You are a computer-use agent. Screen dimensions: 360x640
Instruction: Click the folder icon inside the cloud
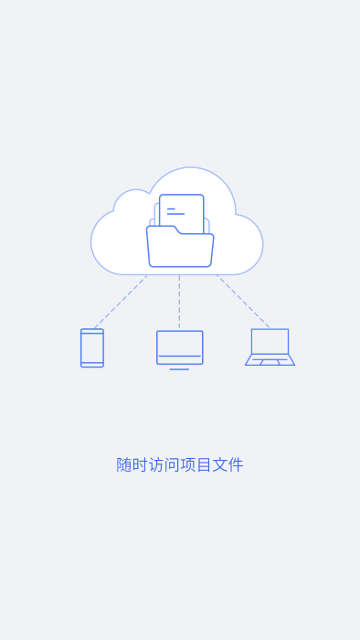point(180,250)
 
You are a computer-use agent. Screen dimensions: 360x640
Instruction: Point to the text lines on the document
point(175,211)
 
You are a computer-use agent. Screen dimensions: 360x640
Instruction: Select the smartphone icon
point(92,347)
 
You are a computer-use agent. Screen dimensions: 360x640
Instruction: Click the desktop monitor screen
point(179,345)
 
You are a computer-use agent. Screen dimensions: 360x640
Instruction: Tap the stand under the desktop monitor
point(179,368)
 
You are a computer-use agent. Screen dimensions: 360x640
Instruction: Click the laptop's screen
point(270,341)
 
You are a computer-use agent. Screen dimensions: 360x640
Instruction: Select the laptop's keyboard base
point(270,360)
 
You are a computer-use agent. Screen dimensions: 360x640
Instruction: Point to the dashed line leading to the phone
point(120,302)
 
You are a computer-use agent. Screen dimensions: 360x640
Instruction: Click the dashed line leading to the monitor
point(179,303)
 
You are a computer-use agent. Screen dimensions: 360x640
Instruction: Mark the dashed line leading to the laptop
point(243,302)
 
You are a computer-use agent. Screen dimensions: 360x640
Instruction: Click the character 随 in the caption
point(124,464)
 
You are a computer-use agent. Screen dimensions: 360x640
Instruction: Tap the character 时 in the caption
point(140,464)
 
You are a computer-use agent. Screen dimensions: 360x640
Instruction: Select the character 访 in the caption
point(156,464)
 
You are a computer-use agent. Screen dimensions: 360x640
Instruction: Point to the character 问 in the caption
point(172,464)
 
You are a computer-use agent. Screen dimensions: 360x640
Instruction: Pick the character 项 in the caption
point(188,464)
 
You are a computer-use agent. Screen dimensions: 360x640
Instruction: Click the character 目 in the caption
point(204,464)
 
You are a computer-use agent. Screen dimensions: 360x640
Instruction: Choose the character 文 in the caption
point(219,464)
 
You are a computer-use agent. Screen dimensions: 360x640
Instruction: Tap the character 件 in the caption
point(236,464)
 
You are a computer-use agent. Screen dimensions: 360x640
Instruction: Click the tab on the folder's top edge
point(162,229)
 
